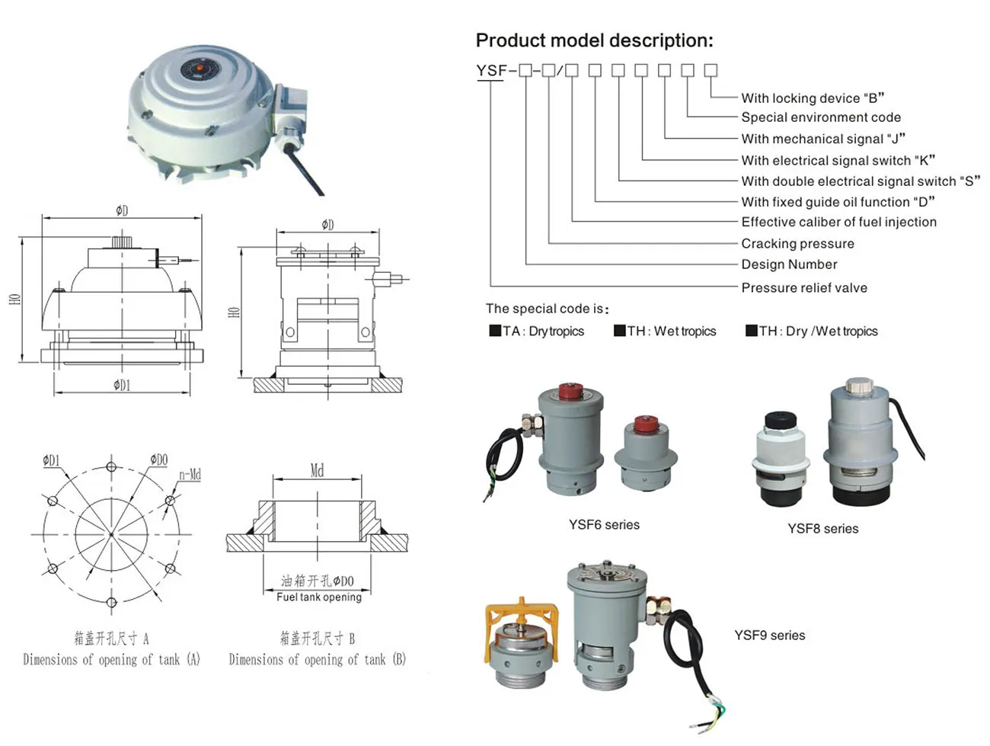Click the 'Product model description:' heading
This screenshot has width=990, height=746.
594,40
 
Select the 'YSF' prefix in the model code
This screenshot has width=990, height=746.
491,71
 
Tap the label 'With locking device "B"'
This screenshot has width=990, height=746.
812,98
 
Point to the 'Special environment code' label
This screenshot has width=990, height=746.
820,117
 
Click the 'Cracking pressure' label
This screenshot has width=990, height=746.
797,244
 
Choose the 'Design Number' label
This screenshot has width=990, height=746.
789,264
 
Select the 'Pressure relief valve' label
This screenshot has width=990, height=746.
803,288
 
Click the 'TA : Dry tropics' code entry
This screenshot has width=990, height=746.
537,331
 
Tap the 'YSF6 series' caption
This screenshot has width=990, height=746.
604,524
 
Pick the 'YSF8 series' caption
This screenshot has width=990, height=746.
822,529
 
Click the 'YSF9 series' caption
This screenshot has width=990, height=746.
769,636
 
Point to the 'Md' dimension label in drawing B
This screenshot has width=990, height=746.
318,471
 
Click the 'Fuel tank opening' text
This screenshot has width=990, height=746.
318,597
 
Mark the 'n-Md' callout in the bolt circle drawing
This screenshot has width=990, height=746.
190,475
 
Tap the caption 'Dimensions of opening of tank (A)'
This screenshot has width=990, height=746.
111,660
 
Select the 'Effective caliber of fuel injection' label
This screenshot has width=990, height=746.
838,222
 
